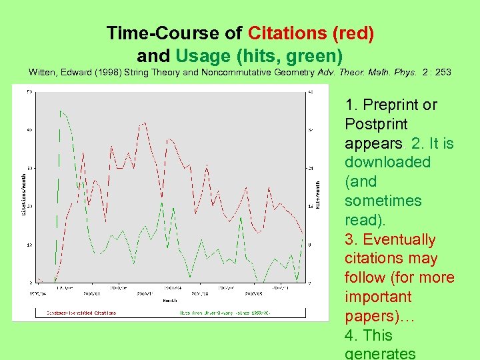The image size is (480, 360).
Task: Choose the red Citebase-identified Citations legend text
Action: point(81,312)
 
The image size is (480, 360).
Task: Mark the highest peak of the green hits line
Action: point(60,111)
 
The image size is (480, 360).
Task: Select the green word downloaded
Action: point(387,162)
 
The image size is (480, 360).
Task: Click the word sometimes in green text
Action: point(383,201)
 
